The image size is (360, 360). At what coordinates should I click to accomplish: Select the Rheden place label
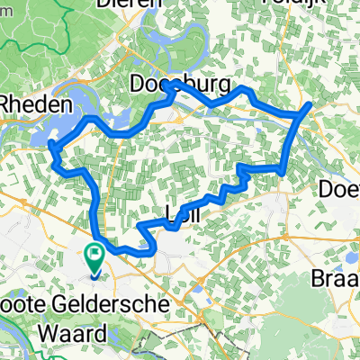pyautogui.click(x=34, y=104)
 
